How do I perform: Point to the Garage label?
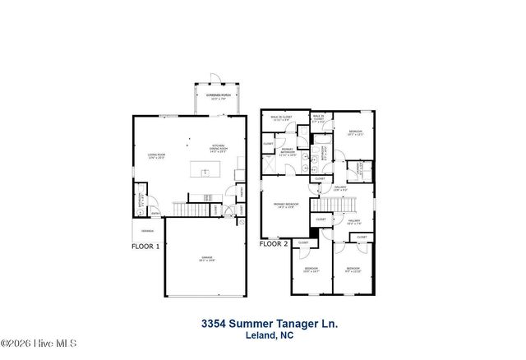pos(205,259)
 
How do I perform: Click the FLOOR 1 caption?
pos(145,245)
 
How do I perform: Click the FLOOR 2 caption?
pos(273,244)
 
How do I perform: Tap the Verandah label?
pos(146,231)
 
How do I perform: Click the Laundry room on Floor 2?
pos(354,170)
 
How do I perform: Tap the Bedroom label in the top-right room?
pos(354,132)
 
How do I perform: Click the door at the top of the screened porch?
pos(215,79)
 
